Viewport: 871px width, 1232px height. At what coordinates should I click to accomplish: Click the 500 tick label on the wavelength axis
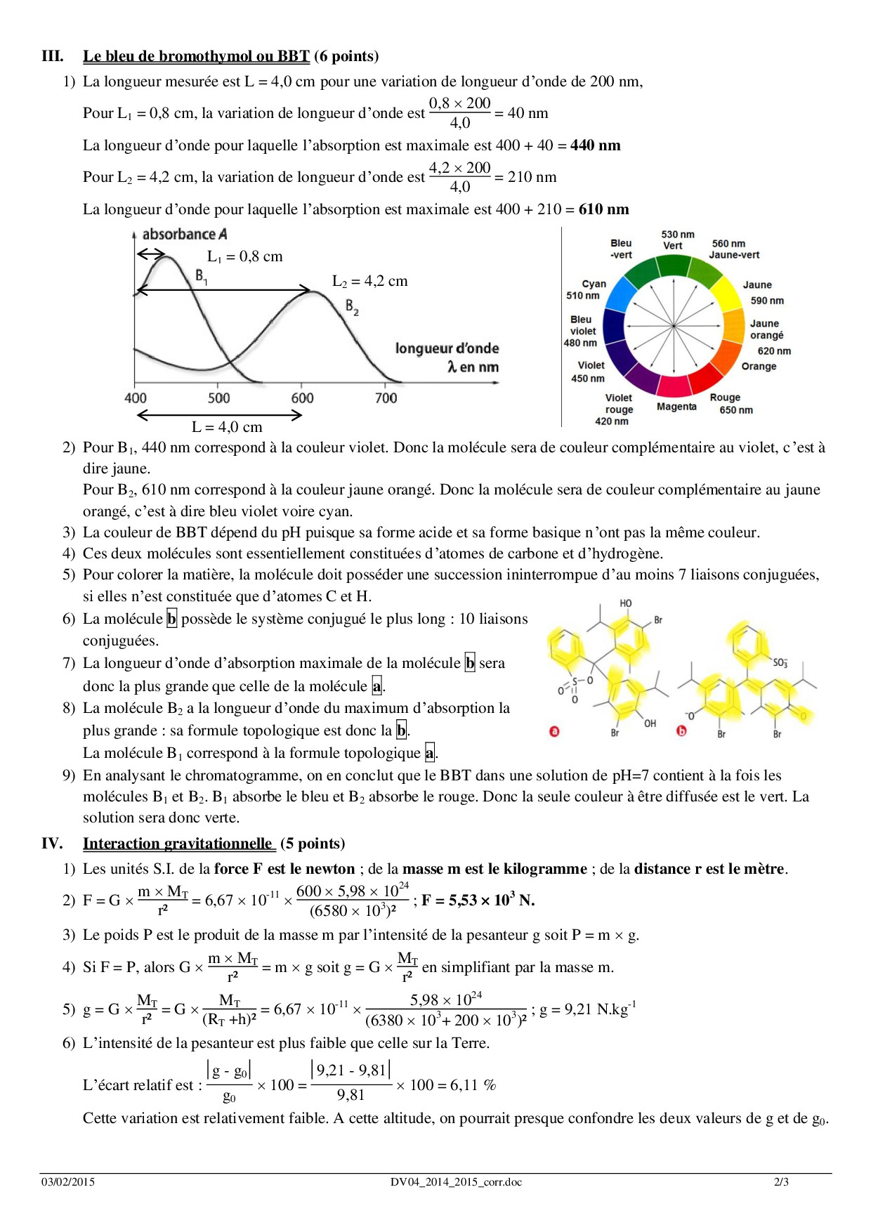(x=218, y=398)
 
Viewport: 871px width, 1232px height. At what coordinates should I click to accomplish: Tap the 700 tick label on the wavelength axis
(x=386, y=398)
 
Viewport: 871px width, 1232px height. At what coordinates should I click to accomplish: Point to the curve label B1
(x=201, y=277)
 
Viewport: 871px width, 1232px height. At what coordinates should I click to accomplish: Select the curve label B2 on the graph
(x=352, y=307)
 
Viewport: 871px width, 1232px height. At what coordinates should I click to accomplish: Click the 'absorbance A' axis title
(x=184, y=235)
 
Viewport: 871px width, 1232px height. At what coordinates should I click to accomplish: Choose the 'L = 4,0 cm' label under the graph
(x=227, y=427)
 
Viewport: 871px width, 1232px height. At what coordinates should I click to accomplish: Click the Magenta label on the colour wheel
(x=676, y=407)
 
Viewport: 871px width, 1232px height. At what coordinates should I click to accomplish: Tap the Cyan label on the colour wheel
(x=594, y=284)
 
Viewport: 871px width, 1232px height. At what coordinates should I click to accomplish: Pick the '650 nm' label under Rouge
(x=735, y=410)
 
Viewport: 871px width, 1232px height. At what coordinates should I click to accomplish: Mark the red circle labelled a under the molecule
(x=554, y=731)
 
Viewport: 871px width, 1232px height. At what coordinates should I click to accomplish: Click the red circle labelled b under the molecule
(x=681, y=731)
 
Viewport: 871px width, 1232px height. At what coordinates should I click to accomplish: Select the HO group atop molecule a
(x=625, y=603)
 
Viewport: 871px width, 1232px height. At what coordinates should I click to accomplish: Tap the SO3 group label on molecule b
(x=780, y=662)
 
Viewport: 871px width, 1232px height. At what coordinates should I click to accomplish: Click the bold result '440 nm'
(x=595, y=145)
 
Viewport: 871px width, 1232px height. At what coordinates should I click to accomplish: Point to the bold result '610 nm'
(x=603, y=209)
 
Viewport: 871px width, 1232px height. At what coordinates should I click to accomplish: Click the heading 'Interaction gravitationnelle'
(x=178, y=844)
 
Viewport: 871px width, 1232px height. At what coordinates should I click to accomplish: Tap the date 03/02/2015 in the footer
(x=67, y=1182)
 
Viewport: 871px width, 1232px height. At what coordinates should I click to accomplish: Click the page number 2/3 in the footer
(x=781, y=1182)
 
